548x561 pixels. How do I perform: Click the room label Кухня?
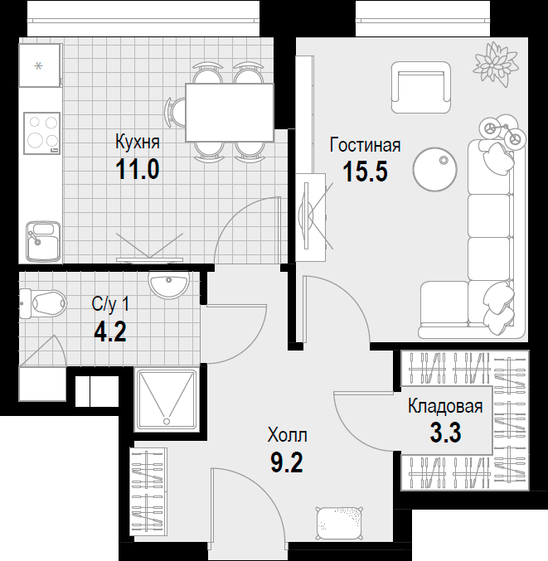click(138, 143)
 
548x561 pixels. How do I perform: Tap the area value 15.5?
click(365, 172)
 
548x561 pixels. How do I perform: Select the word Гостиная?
click(365, 145)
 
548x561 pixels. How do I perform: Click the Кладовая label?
click(445, 406)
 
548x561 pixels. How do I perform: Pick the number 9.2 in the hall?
click(287, 462)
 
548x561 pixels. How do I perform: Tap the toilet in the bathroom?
click(43, 304)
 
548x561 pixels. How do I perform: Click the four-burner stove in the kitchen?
click(42, 133)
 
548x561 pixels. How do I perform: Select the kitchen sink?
click(43, 241)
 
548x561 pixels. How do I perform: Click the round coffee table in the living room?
click(435, 170)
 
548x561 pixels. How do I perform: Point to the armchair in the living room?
click(420, 87)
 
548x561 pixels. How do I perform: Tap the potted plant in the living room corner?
click(496, 64)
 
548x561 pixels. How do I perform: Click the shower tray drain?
click(167, 421)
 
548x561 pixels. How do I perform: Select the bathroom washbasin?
click(168, 283)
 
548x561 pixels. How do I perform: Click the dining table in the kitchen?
click(230, 113)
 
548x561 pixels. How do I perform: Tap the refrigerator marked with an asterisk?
click(39, 65)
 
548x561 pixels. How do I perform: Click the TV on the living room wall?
click(306, 215)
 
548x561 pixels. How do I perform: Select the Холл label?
click(288, 436)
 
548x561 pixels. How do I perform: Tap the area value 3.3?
click(445, 433)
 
